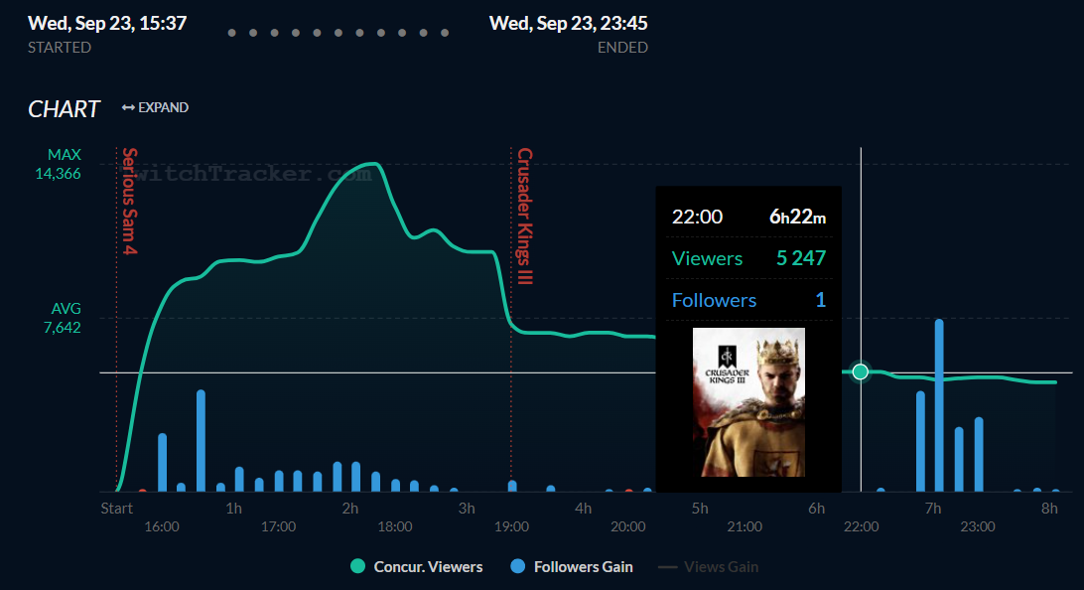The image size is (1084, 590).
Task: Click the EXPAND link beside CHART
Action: [156, 107]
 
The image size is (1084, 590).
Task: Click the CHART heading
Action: [65, 109]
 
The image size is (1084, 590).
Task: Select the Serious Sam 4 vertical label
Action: [129, 202]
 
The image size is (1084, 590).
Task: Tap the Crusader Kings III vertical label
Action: [524, 217]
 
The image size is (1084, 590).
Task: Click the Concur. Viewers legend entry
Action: [417, 567]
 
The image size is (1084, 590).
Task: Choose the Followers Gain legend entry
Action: [572, 567]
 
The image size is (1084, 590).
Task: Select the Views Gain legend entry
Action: [709, 567]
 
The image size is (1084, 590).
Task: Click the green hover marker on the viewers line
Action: [861, 371]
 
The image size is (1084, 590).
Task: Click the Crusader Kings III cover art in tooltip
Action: [748, 402]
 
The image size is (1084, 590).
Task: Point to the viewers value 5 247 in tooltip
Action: [801, 258]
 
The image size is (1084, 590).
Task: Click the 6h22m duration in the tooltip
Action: [798, 217]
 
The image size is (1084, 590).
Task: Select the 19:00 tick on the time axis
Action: [512, 526]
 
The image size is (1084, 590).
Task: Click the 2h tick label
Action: [350, 509]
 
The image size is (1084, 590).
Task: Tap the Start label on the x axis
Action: [116, 509]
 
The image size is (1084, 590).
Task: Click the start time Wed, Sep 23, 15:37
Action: [107, 23]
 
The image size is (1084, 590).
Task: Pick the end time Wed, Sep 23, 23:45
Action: [568, 23]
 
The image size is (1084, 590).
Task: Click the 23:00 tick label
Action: [978, 526]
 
